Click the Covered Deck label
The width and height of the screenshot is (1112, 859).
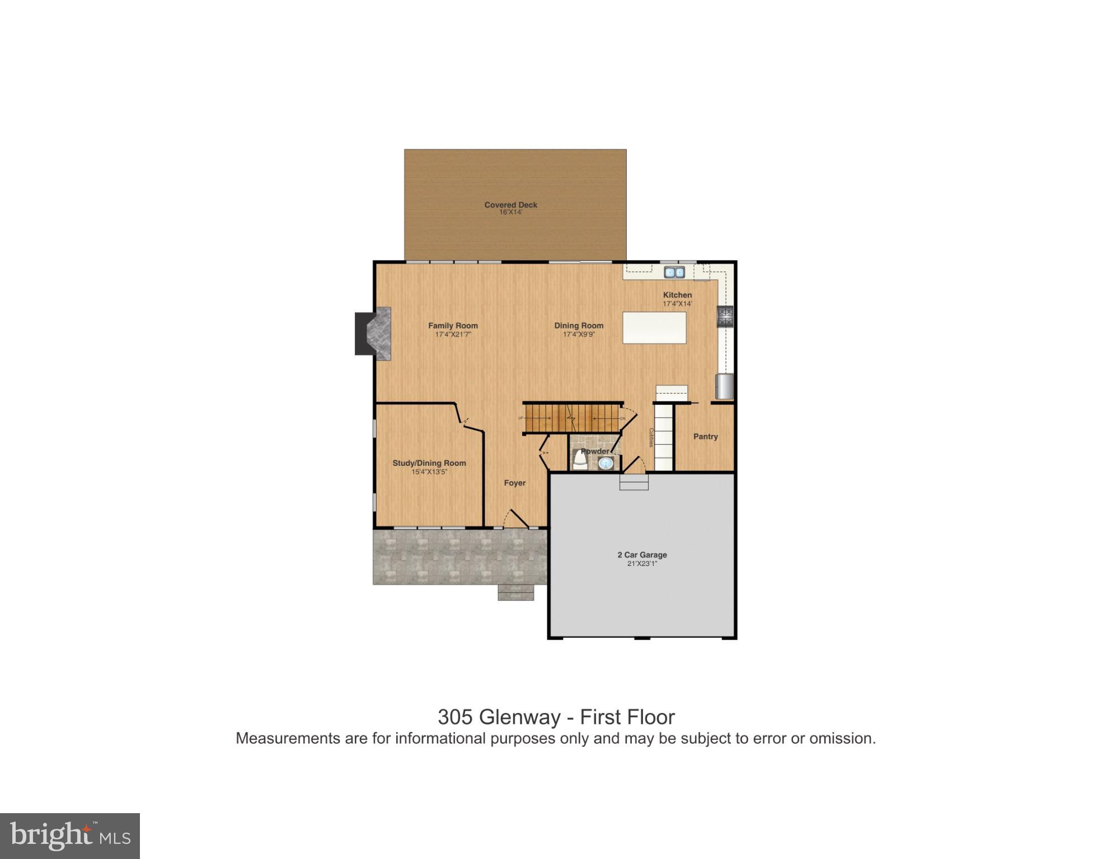point(510,205)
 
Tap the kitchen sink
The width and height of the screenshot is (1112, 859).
point(674,272)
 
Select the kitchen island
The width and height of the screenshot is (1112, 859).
point(654,328)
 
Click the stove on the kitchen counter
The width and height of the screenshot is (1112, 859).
point(725,317)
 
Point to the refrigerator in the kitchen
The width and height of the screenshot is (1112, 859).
point(724,386)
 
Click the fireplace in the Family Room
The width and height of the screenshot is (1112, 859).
point(374,334)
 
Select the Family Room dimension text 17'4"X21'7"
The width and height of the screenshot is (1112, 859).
point(453,334)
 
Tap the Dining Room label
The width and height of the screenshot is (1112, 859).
point(579,325)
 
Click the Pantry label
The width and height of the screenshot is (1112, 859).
point(705,437)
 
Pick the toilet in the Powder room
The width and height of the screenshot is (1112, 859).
point(579,461)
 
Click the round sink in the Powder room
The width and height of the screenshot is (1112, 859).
point(605,463)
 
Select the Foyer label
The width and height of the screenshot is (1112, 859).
point(514,483)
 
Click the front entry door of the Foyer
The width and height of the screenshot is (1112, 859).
point(517,519)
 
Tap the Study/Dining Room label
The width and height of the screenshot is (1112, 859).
point(429,463)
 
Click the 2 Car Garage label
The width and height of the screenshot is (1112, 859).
point(642,555)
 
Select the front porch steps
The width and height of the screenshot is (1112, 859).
point(515,592)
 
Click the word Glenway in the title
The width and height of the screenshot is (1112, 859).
point(520,717)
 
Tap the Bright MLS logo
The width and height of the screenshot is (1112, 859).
point(70,836)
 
